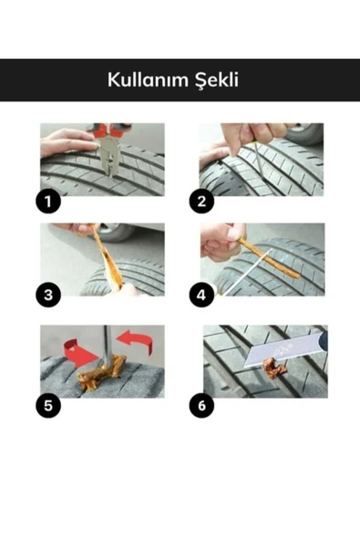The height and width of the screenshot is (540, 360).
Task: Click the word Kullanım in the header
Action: tap(148, 80)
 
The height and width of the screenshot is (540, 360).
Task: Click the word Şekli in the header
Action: tap(217, 80)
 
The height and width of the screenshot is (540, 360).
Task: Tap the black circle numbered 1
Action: tap(48, 202)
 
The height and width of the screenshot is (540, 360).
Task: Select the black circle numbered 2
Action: tap(201, 202)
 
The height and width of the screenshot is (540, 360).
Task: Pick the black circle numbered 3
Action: tap(48, 295)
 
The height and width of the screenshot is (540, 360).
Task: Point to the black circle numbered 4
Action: tap(201, 295)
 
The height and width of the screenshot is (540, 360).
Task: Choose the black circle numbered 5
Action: tap(48, 405)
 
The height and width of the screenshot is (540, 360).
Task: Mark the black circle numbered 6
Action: tap(201, 405)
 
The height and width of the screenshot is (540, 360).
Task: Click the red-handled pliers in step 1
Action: tap(109, 146)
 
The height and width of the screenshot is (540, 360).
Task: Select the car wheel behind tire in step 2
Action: tap(305, 133)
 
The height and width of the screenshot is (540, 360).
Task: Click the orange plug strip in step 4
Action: tap(268, 258)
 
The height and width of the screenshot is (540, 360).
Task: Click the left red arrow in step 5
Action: tap(78, 352)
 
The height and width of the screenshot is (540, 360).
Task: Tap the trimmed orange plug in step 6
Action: tap(274, 368)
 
